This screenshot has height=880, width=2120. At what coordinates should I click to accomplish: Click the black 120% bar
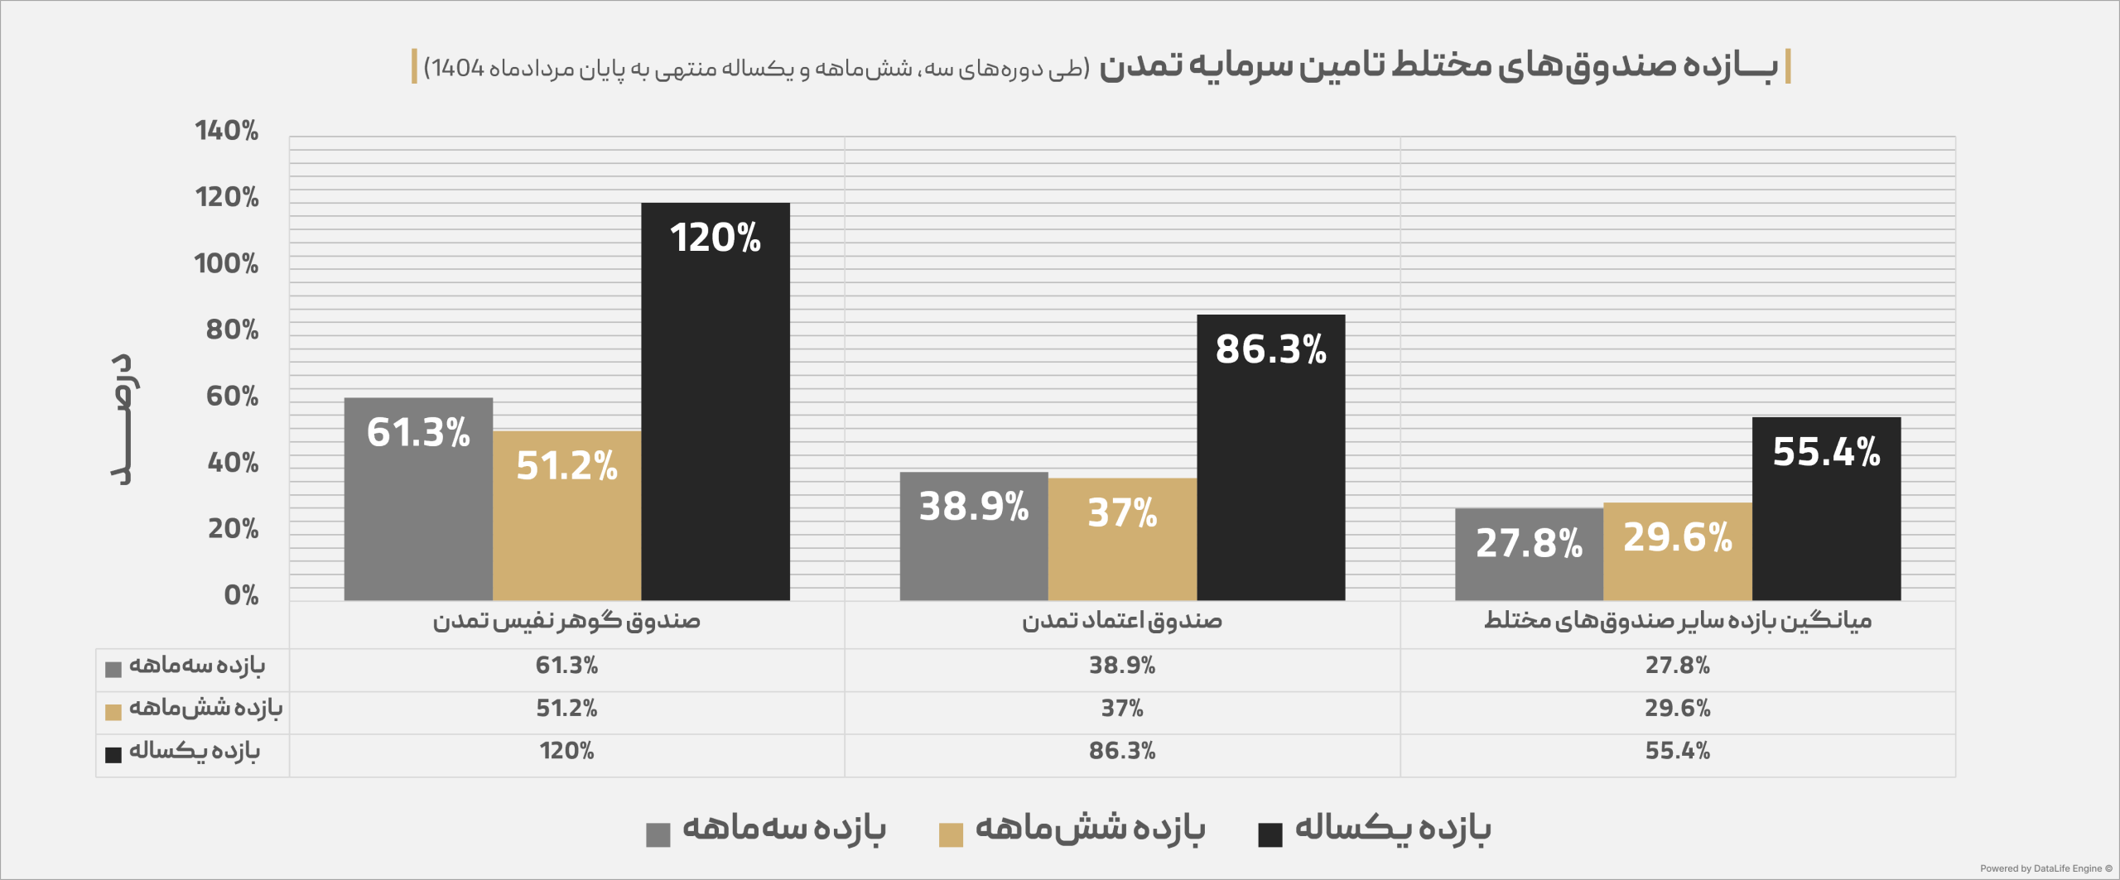(x=715, y=402)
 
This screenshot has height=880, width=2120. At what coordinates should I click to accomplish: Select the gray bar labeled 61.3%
(x=418, y=499)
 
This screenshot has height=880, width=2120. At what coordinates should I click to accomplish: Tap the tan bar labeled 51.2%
(x=567, y=516)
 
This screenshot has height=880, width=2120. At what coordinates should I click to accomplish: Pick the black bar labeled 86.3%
(x=1271, y=457)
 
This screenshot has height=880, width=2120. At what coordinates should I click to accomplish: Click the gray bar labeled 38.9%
(x=974, y=536)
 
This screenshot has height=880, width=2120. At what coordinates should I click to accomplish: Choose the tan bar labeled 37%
(x=1122, y=539)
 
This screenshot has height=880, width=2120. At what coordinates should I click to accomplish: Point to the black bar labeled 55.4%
(x=1826, y=508)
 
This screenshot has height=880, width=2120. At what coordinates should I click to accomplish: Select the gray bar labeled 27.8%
(x=1529, y=555)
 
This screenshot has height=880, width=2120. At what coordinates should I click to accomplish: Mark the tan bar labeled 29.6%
(x=1678, y=551)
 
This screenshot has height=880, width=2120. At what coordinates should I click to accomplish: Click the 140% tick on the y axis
(x=226, y=131)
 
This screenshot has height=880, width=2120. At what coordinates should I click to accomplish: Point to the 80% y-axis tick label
(x=232, y=329)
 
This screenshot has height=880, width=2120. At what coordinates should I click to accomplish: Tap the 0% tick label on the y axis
(x=241, y=595)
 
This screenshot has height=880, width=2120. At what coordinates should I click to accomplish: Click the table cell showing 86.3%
(x=1122, y=751)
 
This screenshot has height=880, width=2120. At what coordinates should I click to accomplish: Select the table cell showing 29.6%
(x=1678, y=709)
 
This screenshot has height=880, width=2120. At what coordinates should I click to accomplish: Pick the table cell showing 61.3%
(x=566, y=666)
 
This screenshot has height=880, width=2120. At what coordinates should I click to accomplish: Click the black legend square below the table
(x=1270, y=835)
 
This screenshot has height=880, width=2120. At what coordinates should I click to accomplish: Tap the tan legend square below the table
(x=951, y=835)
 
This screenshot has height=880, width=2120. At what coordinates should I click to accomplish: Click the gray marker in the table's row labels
(x=113, y=670)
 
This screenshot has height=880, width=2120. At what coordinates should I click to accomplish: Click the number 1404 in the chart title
(x=458, y=68)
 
